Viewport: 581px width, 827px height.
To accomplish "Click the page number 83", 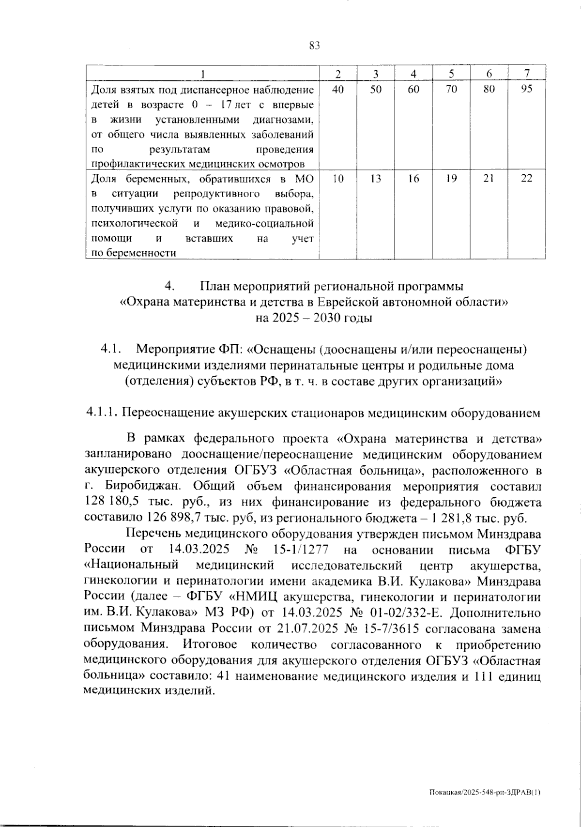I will click(315, 46).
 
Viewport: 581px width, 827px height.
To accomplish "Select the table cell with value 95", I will click(527, 89).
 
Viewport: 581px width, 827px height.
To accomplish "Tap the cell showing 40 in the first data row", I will click(338, 89).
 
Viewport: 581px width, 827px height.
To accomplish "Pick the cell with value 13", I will click(376, 179).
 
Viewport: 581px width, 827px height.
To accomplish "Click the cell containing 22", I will click(527, 179).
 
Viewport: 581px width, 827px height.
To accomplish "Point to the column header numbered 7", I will click(527, 74).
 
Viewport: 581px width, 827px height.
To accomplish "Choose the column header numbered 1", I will click(203, 74).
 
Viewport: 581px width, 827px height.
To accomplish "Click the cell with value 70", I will click(451, 89).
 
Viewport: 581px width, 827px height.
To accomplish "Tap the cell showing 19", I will click(451, 179).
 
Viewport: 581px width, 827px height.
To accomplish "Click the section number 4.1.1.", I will click(101, 413).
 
